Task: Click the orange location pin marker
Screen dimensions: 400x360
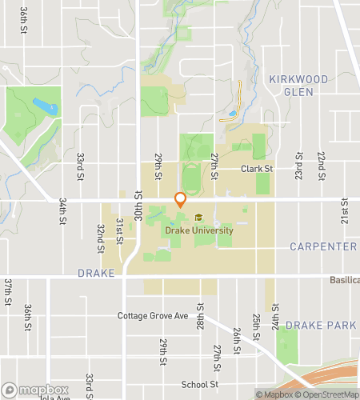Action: (180, 200)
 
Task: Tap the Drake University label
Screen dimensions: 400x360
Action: (199, 230)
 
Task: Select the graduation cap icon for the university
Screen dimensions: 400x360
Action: (198, 218)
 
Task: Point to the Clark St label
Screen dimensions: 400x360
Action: (258, 170)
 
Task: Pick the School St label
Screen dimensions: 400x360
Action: (199, 384)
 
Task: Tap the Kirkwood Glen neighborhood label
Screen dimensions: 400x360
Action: (298, 85)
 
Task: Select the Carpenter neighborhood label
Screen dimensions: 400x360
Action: (322, 246)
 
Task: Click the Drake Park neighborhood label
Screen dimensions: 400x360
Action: (320, 325)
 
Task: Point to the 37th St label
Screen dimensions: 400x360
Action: (7, 291)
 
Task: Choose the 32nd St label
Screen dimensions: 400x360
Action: (102, 234)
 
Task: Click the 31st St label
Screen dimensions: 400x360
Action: (119, 226)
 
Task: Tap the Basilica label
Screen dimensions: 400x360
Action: (344, 280)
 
